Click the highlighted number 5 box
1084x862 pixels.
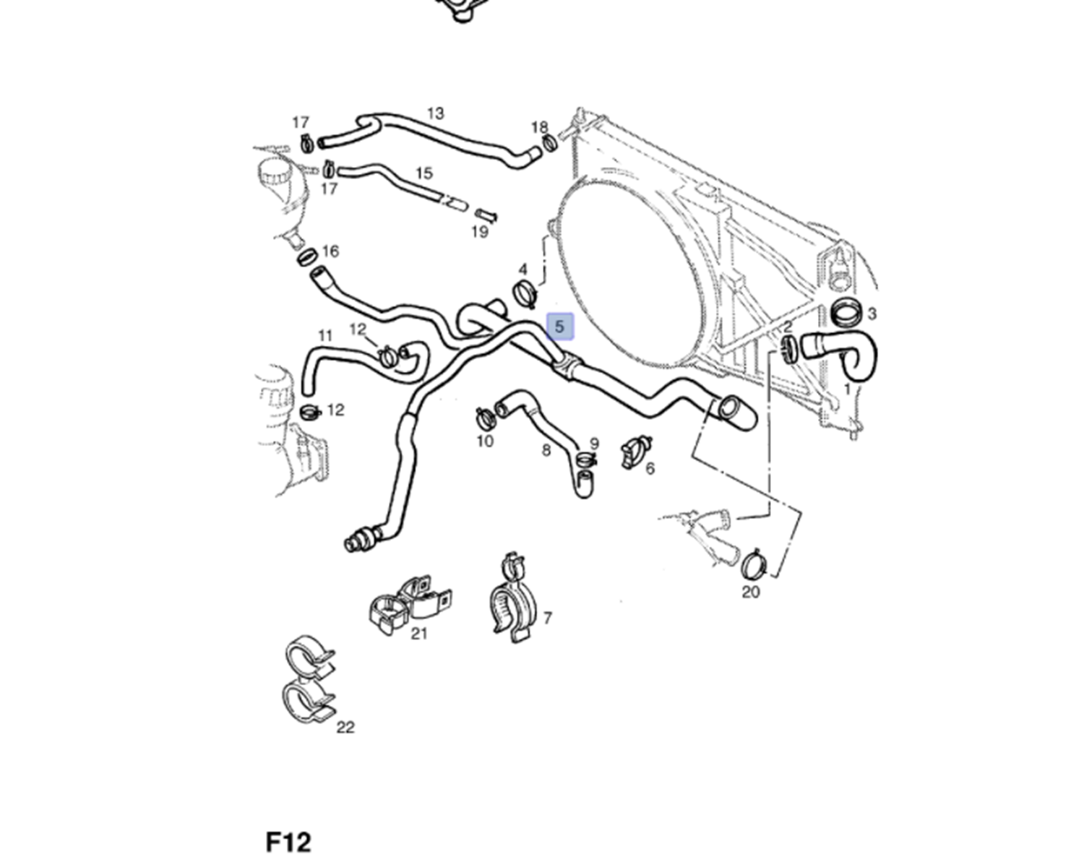(559, 327)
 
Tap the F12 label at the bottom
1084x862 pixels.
(288, 842)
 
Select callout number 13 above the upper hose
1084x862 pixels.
(435, 113)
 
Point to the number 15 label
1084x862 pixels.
(424, 173)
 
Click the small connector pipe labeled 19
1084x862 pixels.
(486, 215)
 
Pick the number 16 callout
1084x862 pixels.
(330, 251)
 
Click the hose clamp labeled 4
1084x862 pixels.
(524, 293)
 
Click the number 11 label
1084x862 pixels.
(325, 335)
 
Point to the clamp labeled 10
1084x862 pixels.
(483, 416)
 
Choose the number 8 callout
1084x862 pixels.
(546, 450)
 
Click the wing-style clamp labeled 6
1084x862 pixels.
(635, 452)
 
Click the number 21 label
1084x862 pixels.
(419, 634)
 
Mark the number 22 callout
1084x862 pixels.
(345, 728)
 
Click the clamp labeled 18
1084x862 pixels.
(549, 142)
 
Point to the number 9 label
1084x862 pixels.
(594, 444)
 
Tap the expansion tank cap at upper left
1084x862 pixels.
(274, 172)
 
